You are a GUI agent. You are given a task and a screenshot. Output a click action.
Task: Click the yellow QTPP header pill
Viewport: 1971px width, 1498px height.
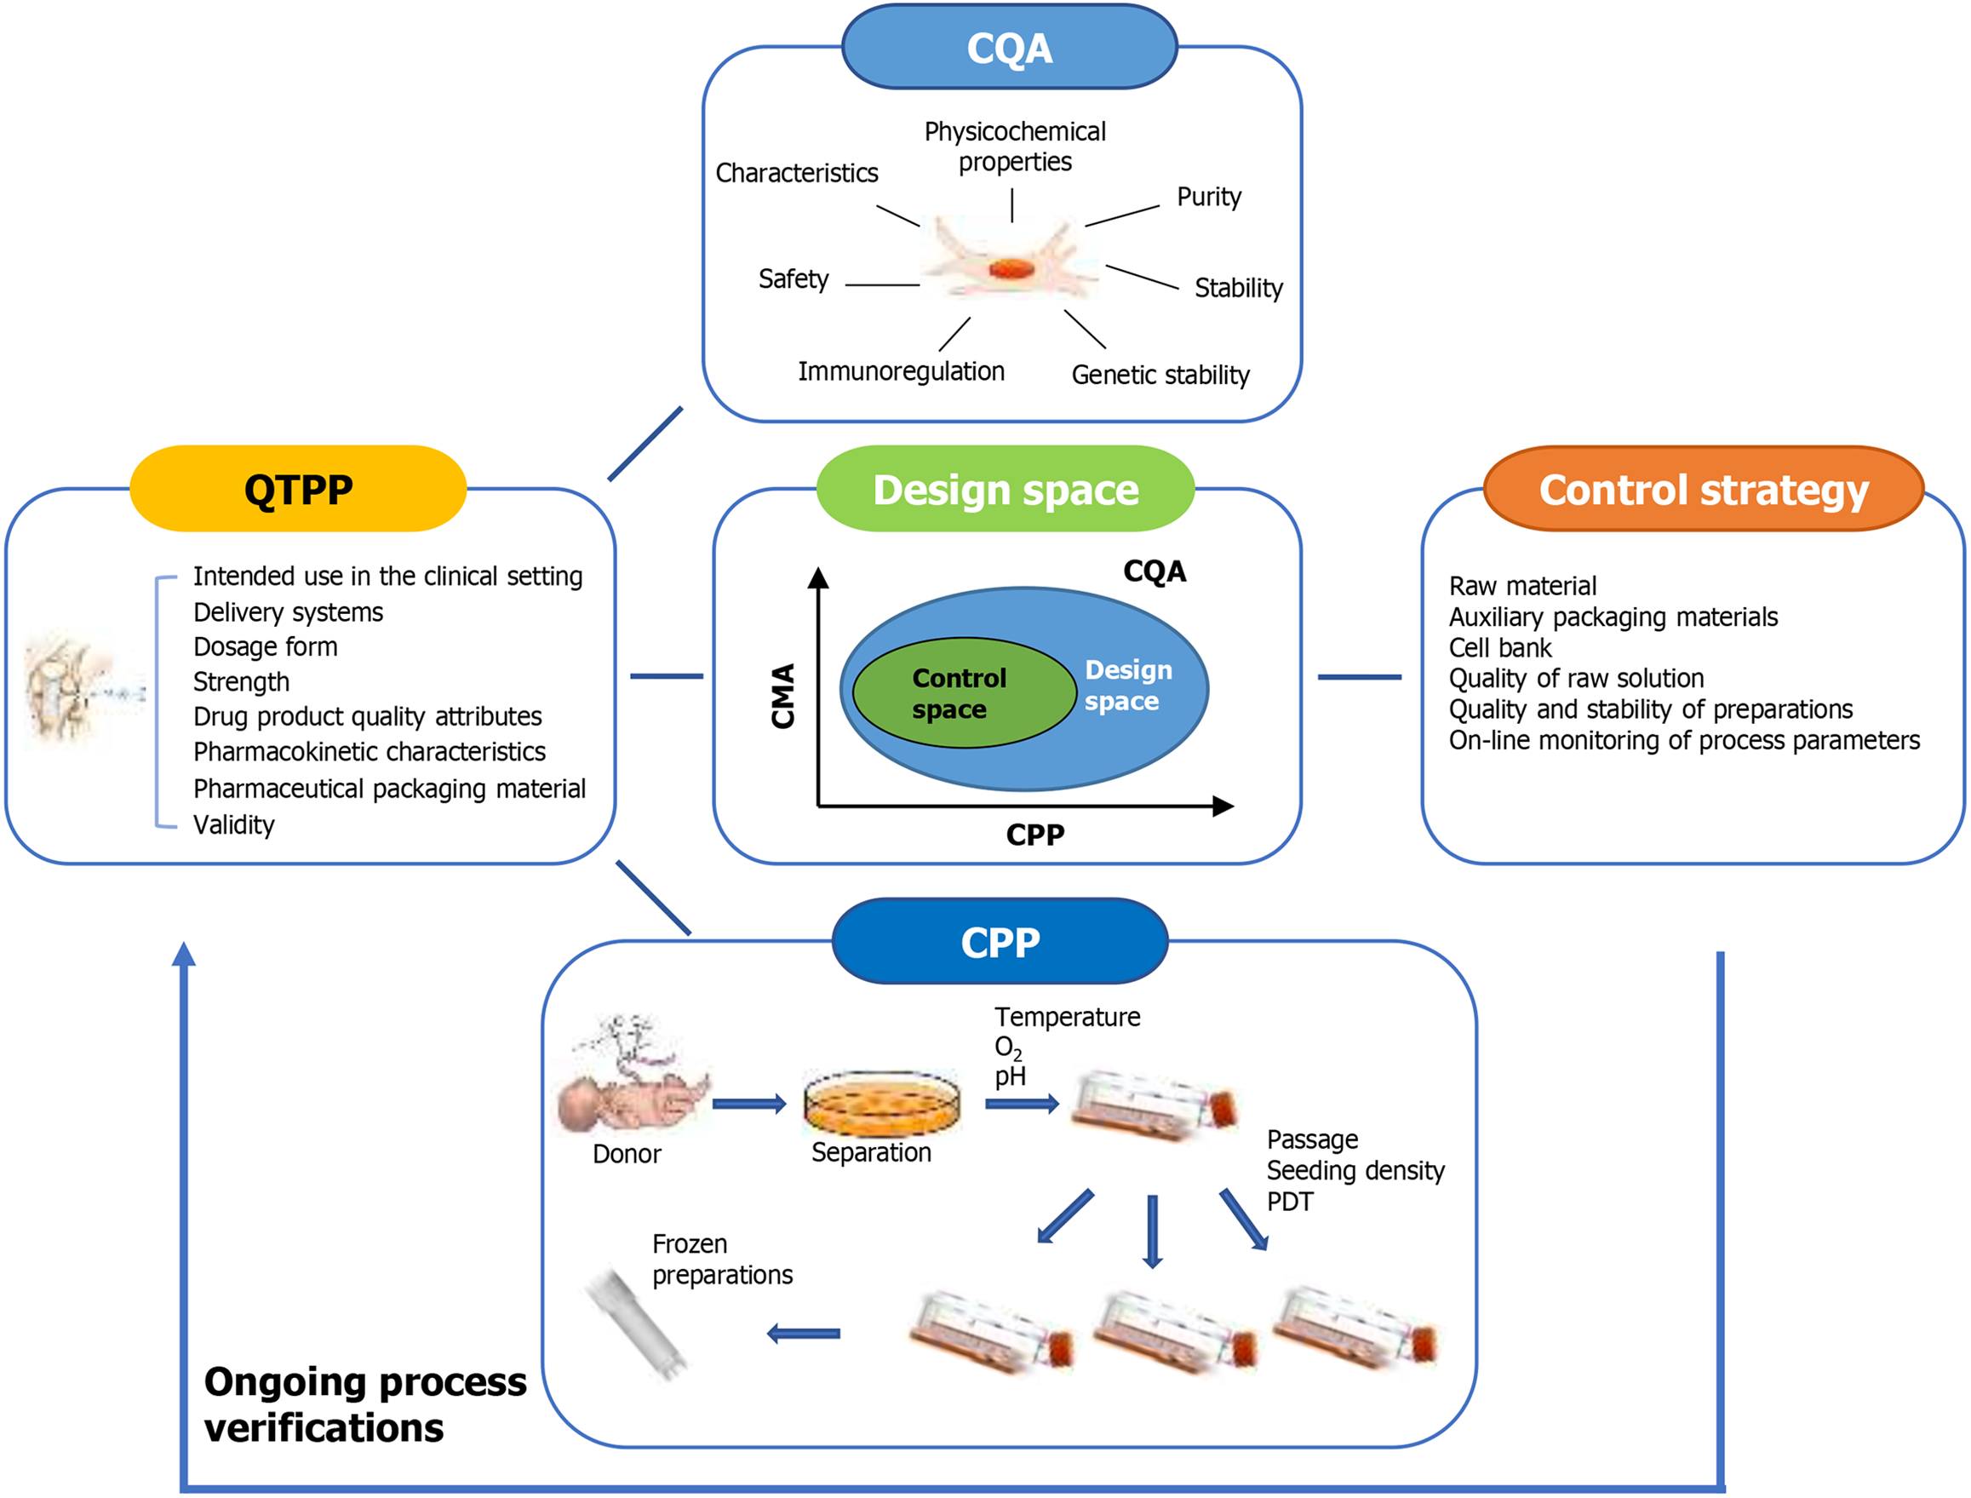[298, 490]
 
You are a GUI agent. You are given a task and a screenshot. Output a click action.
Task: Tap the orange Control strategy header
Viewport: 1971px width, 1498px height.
[1703, 490]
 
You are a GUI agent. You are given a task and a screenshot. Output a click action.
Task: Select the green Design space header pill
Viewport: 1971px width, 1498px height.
[1005, 490]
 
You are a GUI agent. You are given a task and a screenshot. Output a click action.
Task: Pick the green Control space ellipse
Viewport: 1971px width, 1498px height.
[963, 693]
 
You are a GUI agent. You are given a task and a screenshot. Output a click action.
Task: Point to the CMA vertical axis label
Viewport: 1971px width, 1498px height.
[782, 696]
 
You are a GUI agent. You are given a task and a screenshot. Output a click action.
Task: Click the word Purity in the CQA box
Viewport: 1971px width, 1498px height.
[1208, 197]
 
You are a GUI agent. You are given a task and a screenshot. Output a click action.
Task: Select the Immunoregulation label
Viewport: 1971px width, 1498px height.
[901, 371]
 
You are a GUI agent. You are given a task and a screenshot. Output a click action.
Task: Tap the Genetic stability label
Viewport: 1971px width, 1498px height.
[1160, 375]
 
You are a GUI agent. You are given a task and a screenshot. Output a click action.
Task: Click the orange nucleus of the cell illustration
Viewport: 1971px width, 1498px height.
[1011, 268]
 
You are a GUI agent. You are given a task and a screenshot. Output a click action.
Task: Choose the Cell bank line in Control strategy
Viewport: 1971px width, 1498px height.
[1499, 647]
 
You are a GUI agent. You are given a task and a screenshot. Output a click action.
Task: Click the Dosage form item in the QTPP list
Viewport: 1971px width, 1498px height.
[266, 646]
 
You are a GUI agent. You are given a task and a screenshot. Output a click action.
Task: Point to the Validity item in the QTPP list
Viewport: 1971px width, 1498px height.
[233, 824]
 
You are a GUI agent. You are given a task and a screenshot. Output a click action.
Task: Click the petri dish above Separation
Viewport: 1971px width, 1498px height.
[882, 1103]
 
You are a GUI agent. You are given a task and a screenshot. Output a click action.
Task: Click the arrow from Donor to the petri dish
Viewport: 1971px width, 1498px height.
[749, 1105]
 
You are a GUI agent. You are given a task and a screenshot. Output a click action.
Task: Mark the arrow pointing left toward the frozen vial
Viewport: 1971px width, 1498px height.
[803, 1334]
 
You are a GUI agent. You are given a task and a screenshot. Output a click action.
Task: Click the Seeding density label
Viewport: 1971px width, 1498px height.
[1355, 1171]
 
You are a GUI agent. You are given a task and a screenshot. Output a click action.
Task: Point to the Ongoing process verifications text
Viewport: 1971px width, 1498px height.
[364, 1404]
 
